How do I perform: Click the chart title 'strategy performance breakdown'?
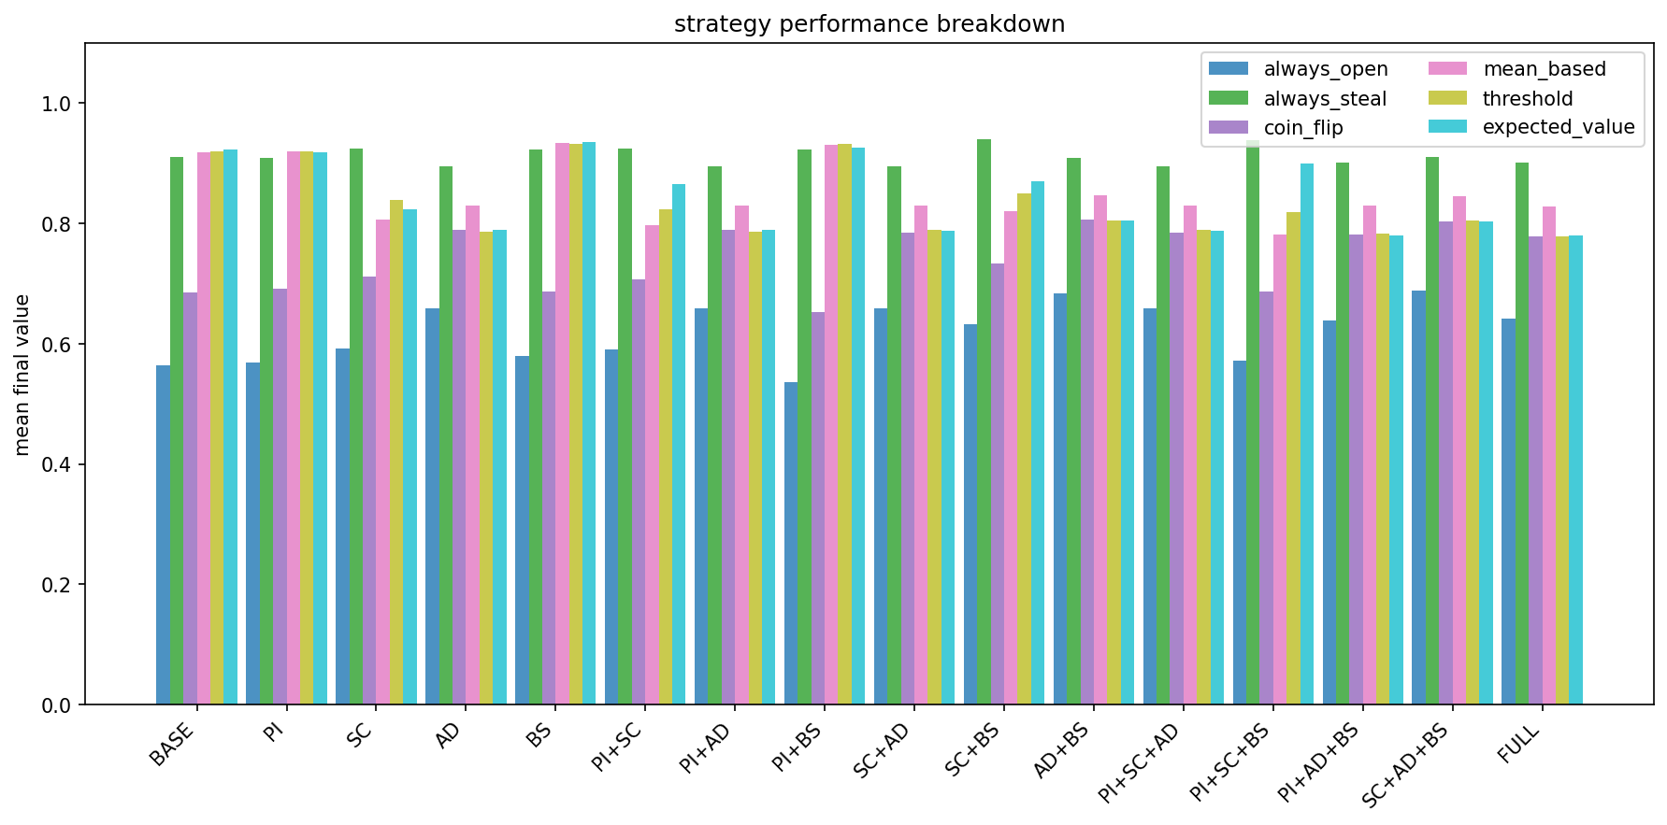pos(869,24)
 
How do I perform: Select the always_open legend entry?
pos(1325,69)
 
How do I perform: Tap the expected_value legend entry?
pos(1558,127)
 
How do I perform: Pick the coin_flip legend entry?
pos(1302,127)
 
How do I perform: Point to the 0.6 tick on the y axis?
pos(57,345)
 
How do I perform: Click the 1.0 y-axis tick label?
pos(57,104)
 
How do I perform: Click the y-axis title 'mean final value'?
pos(22,375)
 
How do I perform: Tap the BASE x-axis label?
pos(173,745)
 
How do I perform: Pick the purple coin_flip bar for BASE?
pos(190,499)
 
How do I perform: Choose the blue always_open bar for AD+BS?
pos(1060,499)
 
